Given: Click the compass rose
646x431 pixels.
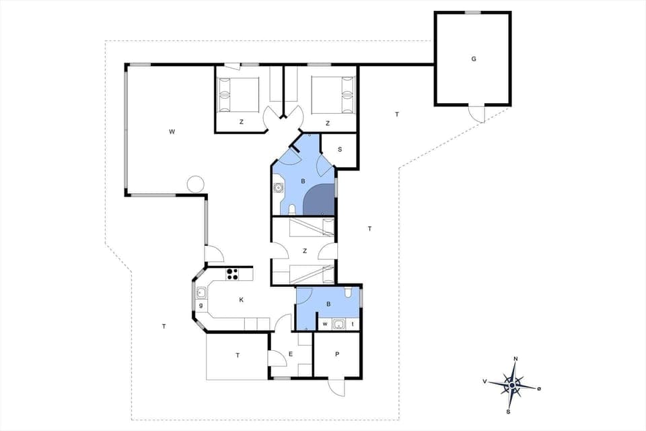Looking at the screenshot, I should (x=513, y=385).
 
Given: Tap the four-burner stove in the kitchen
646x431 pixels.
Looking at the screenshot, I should (x=232, y=273).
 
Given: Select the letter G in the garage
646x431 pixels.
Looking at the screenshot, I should (x=473, y=59).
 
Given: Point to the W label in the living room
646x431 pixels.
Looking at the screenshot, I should (x=172, y=131).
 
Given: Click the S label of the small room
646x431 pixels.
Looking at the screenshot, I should (x=340, y=150).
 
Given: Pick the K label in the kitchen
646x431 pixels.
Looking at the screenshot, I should (x=241, y=300).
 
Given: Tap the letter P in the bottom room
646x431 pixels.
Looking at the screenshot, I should (x=336, y=354).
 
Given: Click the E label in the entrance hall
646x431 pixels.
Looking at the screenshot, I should (x=291, y=354).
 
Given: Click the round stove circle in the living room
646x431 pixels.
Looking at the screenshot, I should (x=195, y=183).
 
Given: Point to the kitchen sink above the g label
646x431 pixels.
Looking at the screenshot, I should (x=201, y=292).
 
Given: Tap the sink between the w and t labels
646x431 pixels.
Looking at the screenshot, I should (x=339, y=325).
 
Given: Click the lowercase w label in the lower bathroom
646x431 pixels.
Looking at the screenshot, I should (x=326, y=325).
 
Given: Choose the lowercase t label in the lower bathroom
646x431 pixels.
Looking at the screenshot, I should (x=353, y=325).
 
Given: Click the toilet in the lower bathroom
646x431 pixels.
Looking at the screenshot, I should (x=347, y=293).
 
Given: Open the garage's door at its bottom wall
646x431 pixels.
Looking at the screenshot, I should (x=476, y=113).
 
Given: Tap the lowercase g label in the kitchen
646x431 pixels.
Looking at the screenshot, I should (x=201, y=306).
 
